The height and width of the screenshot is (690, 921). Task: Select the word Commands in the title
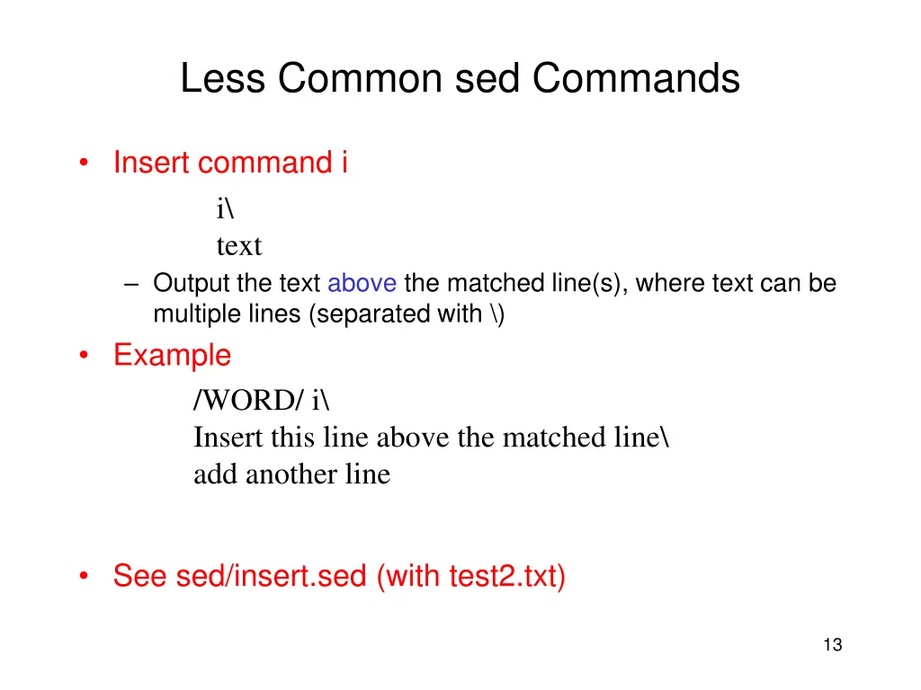point(635,79)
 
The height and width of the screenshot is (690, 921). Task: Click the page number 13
point(832,644)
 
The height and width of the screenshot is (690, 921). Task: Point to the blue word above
point(362,284)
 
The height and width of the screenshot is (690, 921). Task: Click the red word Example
point(172,355)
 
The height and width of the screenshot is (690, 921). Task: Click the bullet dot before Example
point(84,356)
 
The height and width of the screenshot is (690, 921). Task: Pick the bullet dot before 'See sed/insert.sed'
point(84,576)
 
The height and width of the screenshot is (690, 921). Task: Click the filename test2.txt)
point(507,576)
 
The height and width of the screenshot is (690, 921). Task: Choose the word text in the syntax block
point(238,245)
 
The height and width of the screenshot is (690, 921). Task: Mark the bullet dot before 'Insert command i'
point(84,164)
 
